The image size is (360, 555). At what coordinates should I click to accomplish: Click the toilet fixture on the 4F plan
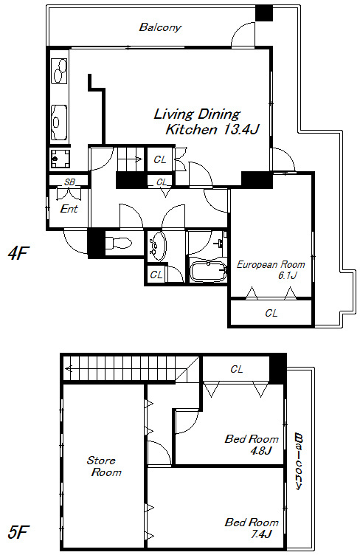click(119, 243)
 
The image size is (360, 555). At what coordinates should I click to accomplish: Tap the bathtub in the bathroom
click(207, 271)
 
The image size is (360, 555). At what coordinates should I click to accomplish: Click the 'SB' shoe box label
click(69, 182)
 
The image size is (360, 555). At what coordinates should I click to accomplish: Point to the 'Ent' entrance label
click(69, 208)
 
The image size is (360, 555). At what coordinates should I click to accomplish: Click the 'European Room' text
click(271, 264)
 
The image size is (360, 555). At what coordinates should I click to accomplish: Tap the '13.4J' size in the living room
click(240, 130)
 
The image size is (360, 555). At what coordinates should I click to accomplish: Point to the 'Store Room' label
click(104, 466)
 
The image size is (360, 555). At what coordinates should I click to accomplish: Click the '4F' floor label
click(17, 253)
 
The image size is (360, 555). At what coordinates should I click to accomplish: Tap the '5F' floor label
click(18, 531)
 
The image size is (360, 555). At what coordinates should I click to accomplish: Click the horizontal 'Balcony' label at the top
click(160, 27)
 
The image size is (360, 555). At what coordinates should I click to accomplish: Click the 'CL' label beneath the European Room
click(271, 313)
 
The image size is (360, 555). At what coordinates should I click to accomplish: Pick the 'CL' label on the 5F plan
click(237, 369)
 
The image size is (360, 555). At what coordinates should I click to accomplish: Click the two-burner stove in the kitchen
click(60, 71)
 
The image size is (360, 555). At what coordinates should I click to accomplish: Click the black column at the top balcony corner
click(264, 13)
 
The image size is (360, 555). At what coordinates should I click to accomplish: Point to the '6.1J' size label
click(287, 275)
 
